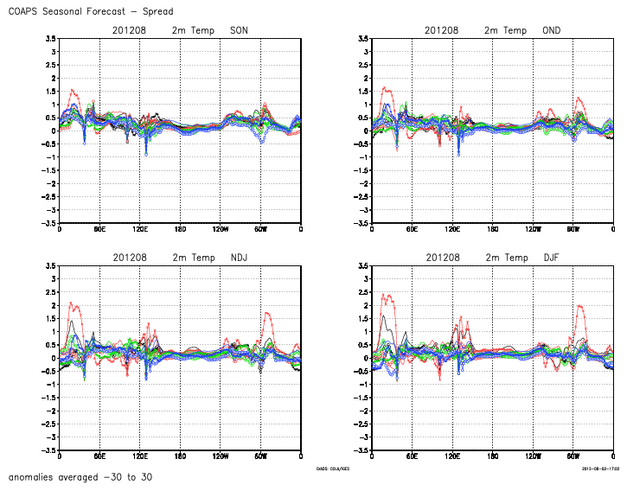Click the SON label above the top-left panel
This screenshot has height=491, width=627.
tap(239, 31)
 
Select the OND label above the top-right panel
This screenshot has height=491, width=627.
tap(551, 31)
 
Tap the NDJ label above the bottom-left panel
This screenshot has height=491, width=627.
tap(239, 258)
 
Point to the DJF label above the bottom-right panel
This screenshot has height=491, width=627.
tap(551, 258)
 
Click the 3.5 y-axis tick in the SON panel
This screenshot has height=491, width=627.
tap(52, 39)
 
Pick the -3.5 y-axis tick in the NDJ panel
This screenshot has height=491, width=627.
tap(50, 450)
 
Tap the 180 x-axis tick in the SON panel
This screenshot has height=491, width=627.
tap(180, 229)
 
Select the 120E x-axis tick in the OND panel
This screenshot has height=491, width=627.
tap(452, 229)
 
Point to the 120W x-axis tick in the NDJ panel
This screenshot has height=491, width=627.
tap(220, 456)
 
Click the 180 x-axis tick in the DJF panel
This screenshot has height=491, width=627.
tap(492, 456)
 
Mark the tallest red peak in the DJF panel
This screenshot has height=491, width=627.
tap(383, 295)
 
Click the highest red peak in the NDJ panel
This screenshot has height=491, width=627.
tap(71, 303)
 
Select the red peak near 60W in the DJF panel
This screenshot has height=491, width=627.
tap(579, 305)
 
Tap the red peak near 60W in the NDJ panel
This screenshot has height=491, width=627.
tap(266, 313)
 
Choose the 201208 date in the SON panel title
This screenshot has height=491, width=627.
tap(129, 31)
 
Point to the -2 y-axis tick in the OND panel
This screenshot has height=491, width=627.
tap(364, 184)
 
